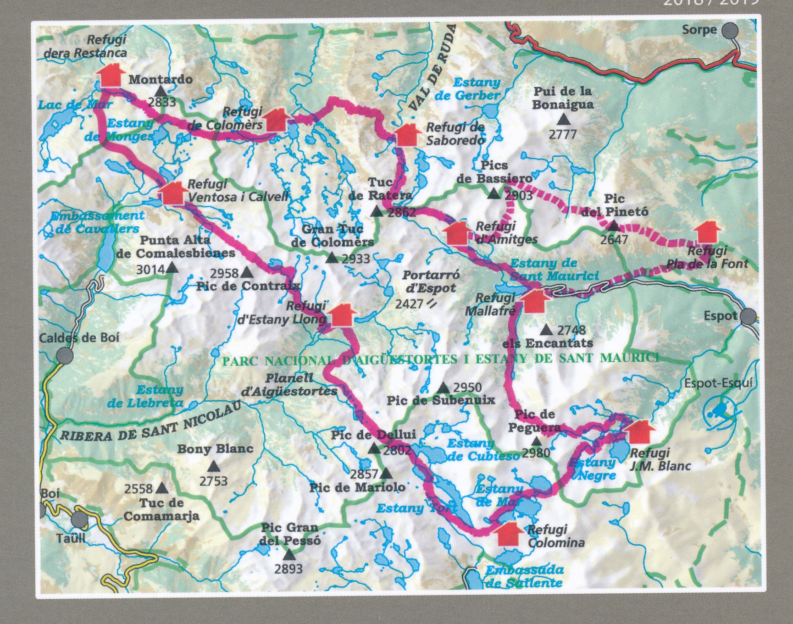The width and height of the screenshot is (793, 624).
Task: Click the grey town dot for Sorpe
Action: pyautogui.click(x=730, y=31)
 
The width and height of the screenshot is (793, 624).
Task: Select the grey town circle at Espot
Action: pyautogui.click(x=749, y=316)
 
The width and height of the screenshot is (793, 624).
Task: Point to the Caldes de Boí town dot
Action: pyautogui.click(x=65, y=355)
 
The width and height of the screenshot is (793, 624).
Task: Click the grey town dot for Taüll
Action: pyautogui.click(x=80, y=520)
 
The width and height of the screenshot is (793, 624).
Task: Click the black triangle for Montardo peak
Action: pyautogui.click(x=160, y=91)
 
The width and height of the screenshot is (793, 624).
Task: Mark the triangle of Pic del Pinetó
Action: pyautogui.click(x=613, y=225)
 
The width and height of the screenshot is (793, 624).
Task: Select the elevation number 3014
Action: pyautogui.click(x=150, y=270)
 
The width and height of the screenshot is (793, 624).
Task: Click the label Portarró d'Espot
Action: pyautogui.click(x=430, y=282)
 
